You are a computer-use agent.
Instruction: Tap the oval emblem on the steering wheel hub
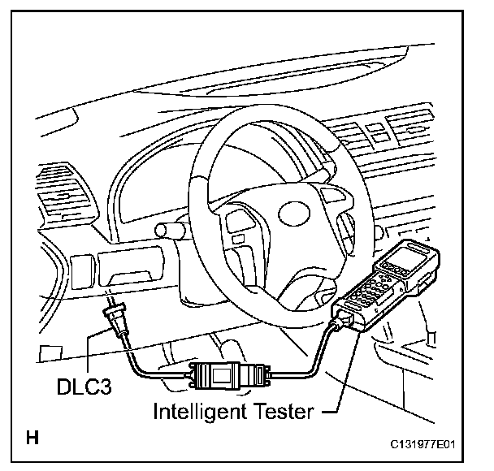[297, 214]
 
